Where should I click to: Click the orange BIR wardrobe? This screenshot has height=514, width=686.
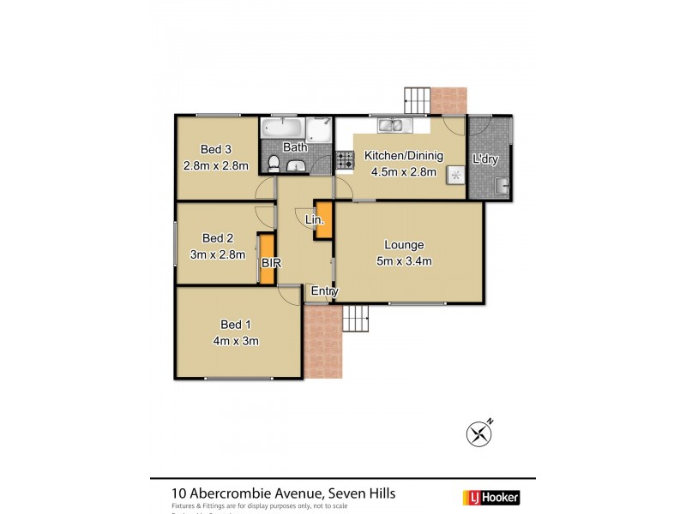(x=267, y=258)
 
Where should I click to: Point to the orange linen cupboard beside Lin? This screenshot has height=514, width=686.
(x=324, y=221)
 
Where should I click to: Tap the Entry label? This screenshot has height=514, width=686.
(x=325, y=292)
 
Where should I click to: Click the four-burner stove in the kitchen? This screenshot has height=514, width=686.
(x=345, y=159)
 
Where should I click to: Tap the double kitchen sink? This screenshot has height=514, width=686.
(x=395, y=126)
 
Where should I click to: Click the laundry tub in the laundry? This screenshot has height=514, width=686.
(x=502, y=185)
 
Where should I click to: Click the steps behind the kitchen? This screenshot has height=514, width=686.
(x=418, y=99)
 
